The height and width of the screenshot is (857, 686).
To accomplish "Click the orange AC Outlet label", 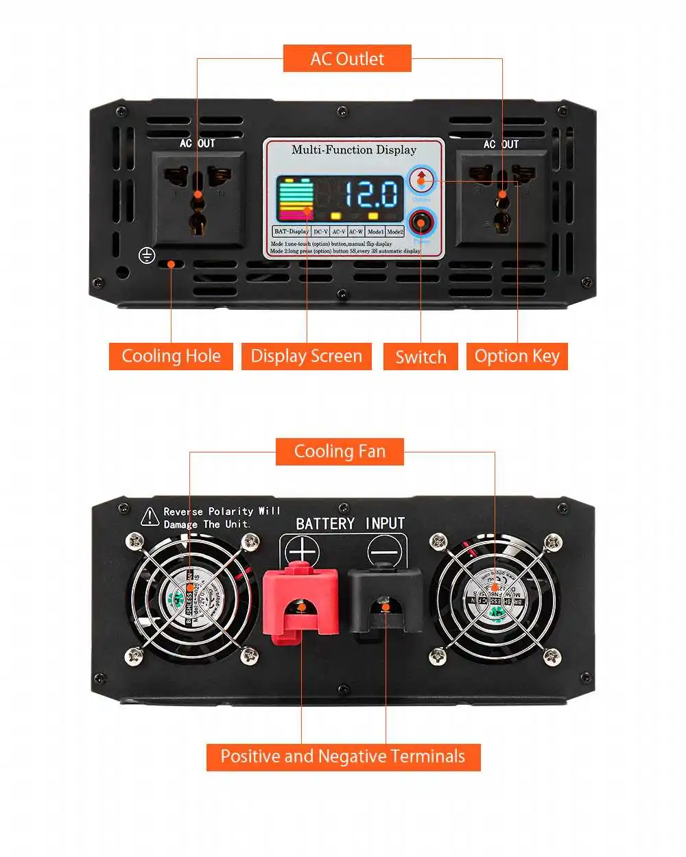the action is click(x=347, y=59).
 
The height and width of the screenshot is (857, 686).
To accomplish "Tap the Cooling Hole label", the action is click(x=171, y=357).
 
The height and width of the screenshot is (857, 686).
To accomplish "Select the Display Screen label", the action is click(x=306, y=357).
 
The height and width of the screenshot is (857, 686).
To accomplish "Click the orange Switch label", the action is click(x=421, y=357).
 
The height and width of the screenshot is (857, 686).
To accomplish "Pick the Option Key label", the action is click(x=517, y=357).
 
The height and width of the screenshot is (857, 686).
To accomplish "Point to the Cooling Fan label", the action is click(x=340, y=452).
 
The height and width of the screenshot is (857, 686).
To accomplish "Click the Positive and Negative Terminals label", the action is click(x=343, y=757).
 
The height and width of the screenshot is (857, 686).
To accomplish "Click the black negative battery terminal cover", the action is click(x=385, y=601).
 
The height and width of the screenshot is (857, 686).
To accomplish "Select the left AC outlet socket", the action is click(x=198, y=198).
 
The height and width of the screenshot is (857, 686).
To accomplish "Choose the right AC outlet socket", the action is click(x=502, y=198).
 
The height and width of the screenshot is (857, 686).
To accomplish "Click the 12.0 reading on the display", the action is click(x=370, y=194).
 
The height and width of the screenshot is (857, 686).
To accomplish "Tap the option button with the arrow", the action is click(x=421, y=180).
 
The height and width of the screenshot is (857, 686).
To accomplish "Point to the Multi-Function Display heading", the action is click(x=354, y=150).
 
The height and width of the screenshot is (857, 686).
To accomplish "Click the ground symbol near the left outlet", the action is click(x=146, y=255).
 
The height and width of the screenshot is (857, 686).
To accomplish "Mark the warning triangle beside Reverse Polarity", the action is click(x=150, y=517).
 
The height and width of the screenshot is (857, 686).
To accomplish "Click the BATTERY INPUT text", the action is click(x=350, y=524).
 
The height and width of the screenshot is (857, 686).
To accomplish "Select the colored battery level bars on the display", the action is click(x=295, y=200).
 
